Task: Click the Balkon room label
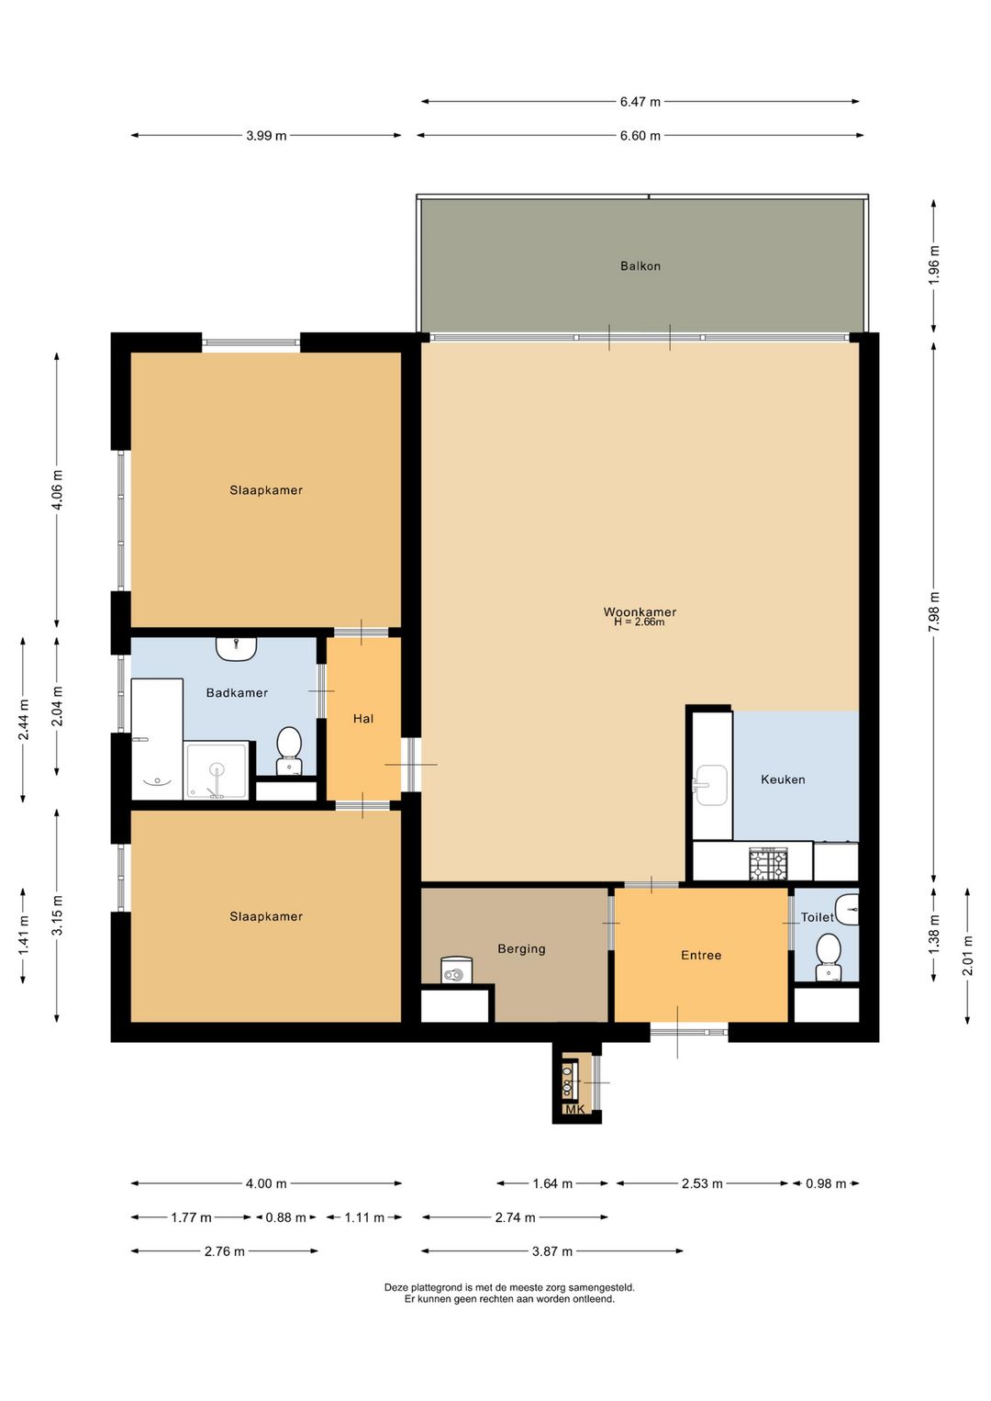click(640, 266)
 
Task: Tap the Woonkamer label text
click(640, 611)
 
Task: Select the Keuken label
click(782, 779)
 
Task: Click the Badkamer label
click(237, 692)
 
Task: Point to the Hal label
click(363, 719)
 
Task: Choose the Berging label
click(521, 948)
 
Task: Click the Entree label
click(701, 955)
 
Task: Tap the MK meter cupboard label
click(574, 1109)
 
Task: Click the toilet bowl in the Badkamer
click(289, 751)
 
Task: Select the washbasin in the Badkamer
click(237, 648)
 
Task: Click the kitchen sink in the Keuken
click(710, 785)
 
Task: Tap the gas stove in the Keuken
click(770, 863)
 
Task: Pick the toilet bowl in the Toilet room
click(829, 958)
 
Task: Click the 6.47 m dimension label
click(640, 102)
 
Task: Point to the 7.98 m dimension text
click(935, 611)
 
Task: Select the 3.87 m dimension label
click(552, 1250)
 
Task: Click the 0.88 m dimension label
click(285, 1217)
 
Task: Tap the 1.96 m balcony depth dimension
click(935, 265)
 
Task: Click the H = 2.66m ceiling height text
click(639, 622)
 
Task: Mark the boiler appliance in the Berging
click(457, 969)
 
